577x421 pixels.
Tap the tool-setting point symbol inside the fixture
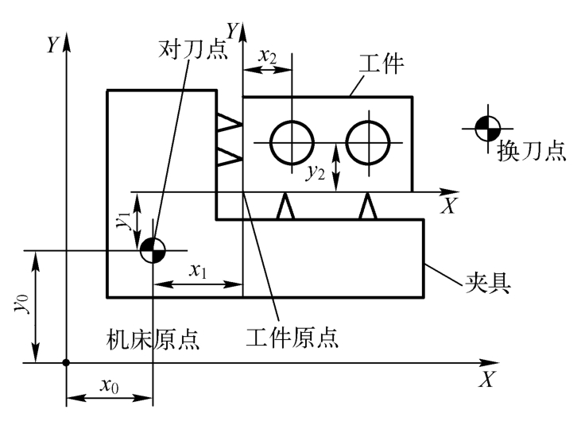pyautogui.click(x=152, y=250)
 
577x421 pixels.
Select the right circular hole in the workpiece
pyautogui.click(x=368, y=142)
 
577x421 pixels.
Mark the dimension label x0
pyautogui.click(x=110, y=385)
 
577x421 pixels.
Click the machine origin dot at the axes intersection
pyautogui.click(x=67, y=363)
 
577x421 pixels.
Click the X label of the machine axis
pyautogui.click(x=486, y=380)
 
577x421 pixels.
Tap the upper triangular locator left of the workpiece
pyautogui.click(x=229, y=123)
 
